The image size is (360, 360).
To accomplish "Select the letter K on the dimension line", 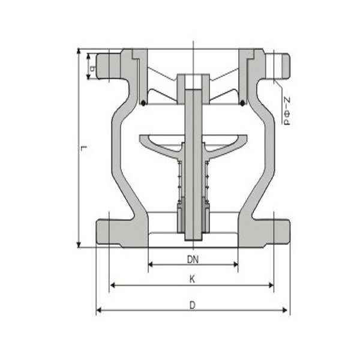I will coord(192,279).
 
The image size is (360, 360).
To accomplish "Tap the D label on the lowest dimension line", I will coord(192,304).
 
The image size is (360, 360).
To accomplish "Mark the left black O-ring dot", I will coord(143,103).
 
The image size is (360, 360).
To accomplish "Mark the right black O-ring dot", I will coord(242,103).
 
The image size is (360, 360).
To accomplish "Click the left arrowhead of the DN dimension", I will coord(151,263).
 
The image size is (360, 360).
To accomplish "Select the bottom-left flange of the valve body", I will coord(114,231).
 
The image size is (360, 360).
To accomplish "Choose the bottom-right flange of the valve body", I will coord(273,231).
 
